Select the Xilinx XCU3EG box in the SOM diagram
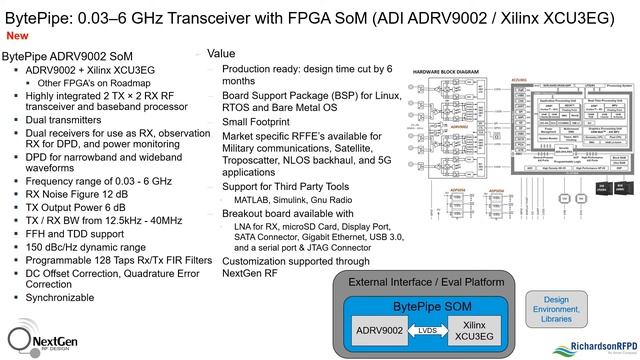tap(474, 329)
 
